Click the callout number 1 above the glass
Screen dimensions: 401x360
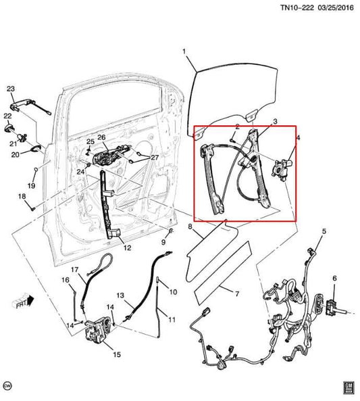tap(183, 51)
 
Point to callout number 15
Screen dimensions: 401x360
tap(117, 354)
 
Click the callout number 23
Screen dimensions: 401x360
tap(10, 90)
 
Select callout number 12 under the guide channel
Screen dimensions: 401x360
tap(126, 247)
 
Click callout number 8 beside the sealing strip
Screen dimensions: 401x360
tap(190, 227)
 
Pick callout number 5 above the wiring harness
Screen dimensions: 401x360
tap(324, 232)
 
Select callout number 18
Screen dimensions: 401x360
tap(21, 197)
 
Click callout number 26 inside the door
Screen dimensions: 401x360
tap(102, 138)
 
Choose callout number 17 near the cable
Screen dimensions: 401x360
tap(75, 270)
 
